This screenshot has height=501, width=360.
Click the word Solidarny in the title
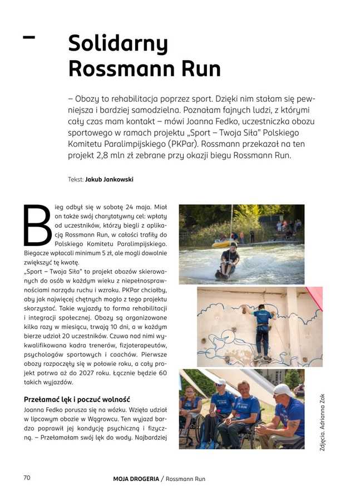[x=117, y=44]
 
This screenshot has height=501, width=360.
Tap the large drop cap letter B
[x=37, y=226]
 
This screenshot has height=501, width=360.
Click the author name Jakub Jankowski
[x=109, y=180]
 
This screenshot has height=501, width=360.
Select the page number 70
[x=26, y=478]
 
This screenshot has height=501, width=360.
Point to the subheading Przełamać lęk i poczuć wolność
[x=77, y=399]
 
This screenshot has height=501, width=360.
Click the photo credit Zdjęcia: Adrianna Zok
[x=322, y=423]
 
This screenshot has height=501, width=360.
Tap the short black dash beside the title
[x=28, y=37]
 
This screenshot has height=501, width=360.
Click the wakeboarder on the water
[x=229, y=259]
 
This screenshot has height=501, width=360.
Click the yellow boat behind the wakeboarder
[x=221, y=243]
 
